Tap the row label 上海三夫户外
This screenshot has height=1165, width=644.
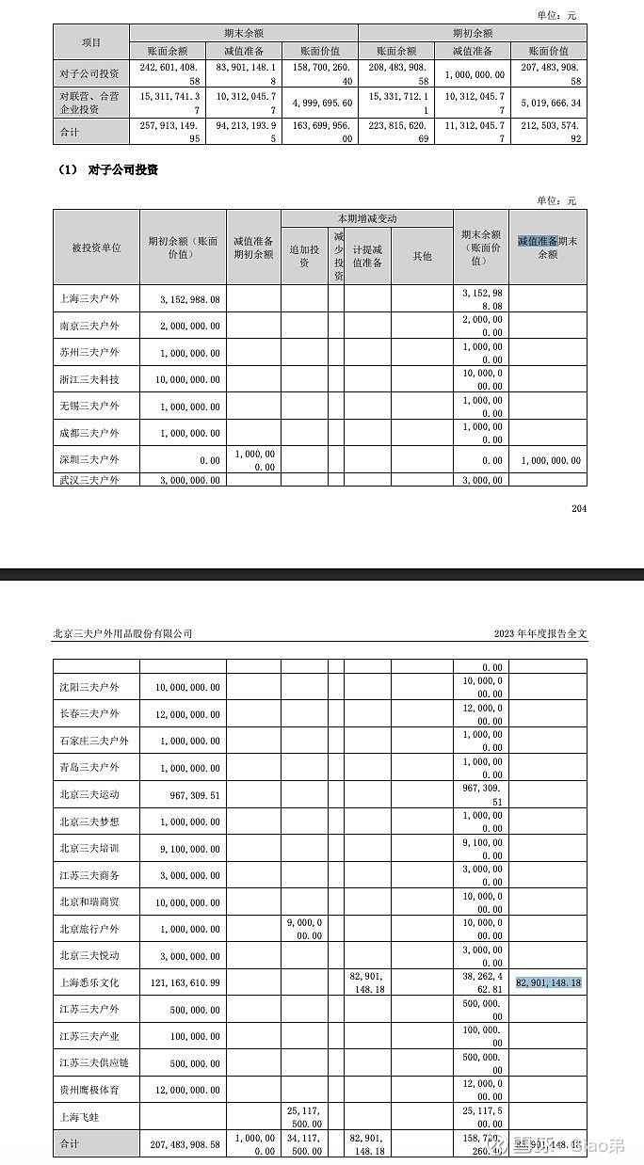[90, 299]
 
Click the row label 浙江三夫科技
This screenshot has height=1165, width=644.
[90, 379]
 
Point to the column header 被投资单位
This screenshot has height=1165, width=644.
[96, 247]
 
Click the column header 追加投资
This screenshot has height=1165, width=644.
[304, 256]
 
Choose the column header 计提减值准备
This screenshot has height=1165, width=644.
[367, 256]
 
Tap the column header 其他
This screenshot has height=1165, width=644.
[422, 256]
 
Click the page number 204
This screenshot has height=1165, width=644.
[578, 509]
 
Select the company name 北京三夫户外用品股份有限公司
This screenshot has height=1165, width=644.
[122, 633]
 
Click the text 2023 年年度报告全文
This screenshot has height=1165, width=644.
[539, 633]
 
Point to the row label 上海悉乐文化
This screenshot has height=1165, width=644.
[90, 982]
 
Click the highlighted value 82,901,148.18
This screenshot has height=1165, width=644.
[548, 982]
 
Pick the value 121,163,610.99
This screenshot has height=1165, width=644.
[185, 982]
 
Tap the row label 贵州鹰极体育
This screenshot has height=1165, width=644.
[90, 1090]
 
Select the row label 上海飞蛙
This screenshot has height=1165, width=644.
[79, 1117]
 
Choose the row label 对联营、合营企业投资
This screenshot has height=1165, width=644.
[89, 103]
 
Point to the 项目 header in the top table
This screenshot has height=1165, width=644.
[91, 42]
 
